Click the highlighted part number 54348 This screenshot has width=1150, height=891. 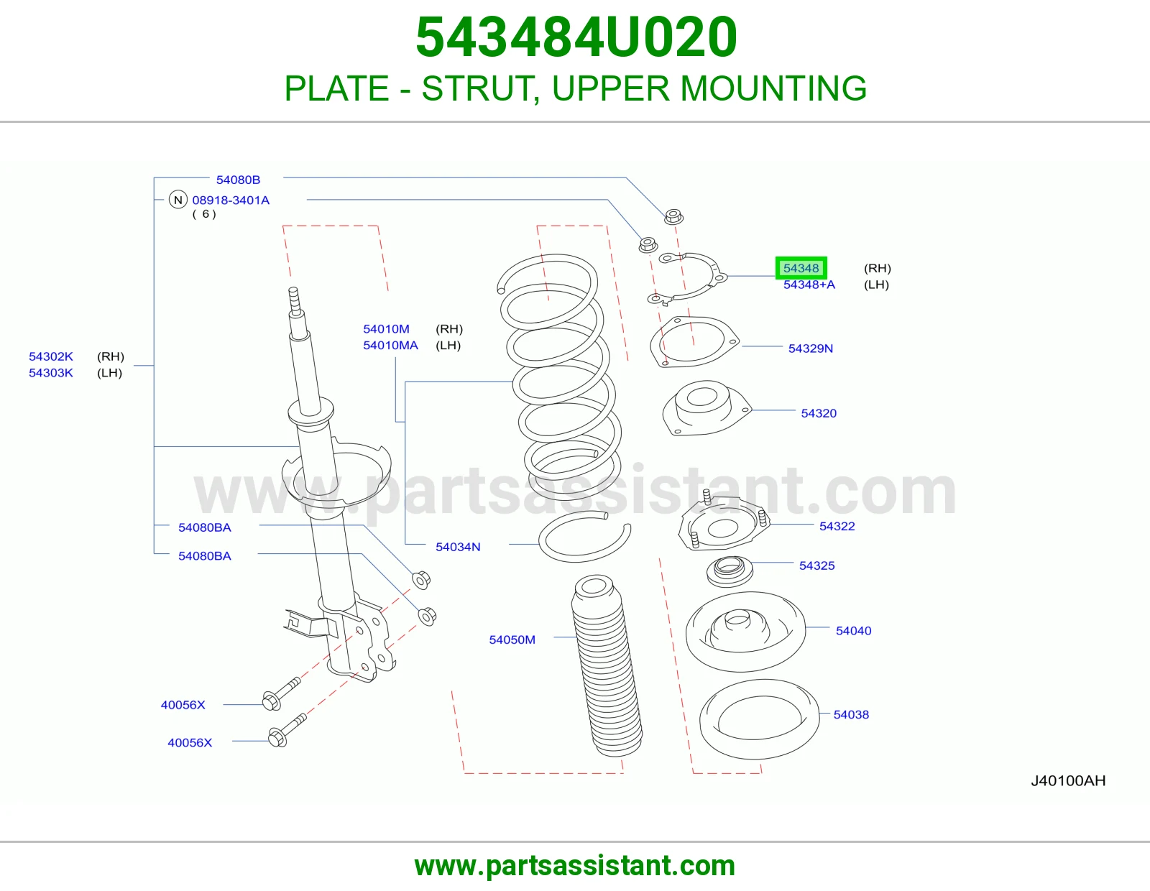801,268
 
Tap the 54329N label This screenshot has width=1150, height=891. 810,348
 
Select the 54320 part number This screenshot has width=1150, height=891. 819,412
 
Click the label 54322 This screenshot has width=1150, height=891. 837,526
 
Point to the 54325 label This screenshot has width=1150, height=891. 816,565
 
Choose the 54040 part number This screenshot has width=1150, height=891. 853,630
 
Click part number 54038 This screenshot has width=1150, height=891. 851,714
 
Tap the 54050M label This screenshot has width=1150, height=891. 512,640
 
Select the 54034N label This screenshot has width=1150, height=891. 458,547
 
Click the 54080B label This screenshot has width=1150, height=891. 238,180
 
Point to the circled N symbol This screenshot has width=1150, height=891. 178,200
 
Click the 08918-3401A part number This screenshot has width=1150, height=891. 231,200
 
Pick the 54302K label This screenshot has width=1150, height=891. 51,356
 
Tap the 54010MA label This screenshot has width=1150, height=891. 390,345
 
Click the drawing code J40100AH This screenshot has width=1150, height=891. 1068,780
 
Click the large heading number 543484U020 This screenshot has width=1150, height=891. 576,37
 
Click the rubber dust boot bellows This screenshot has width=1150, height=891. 607,665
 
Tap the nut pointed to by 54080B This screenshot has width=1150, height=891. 673,216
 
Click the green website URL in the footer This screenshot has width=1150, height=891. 575,866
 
